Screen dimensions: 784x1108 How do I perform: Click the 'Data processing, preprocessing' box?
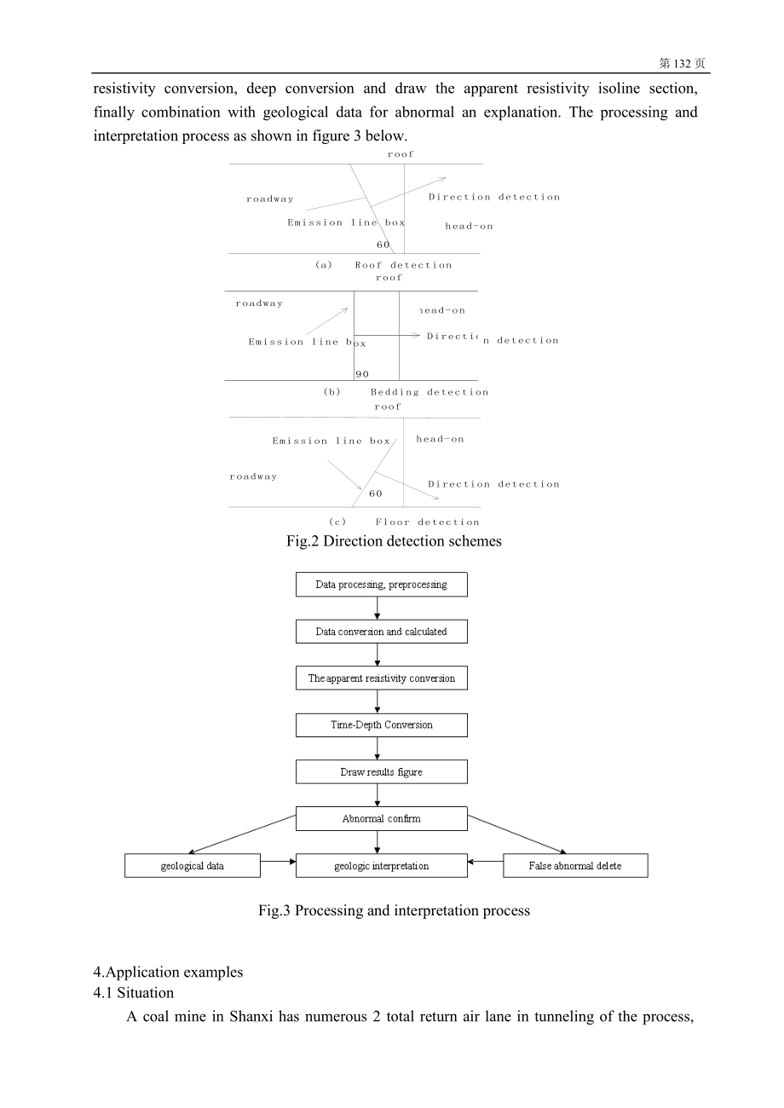tap(382, 584)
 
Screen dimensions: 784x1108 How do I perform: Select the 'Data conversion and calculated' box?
tap(382, 632)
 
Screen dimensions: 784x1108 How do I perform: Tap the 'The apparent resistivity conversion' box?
tap(382, 678)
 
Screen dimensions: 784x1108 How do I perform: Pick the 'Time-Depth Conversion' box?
tap(382, 724)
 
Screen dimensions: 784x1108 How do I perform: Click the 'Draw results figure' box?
tap(382, 771)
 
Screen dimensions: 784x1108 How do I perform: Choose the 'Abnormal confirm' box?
tap(382, 818)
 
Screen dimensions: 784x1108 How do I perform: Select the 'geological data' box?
tap(193, 866)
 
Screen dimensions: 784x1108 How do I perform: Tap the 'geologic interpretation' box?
tap(382, 866)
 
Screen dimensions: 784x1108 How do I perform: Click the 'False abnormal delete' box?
tap(575, 866)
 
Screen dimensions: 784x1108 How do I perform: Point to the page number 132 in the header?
tap(682, 63)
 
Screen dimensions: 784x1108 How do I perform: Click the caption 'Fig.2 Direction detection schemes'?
tap(394, 541)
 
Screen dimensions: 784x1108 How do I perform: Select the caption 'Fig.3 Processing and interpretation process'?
tap(394, 910)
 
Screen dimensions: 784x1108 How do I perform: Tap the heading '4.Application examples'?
tap(168, 972)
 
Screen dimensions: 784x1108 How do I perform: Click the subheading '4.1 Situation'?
tap(134, 993)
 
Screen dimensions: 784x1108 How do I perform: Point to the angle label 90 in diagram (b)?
tap(362, 374)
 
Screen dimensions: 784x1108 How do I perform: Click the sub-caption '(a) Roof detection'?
tap(383, 265)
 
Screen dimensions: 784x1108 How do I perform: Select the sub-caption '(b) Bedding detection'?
tap(406, 392)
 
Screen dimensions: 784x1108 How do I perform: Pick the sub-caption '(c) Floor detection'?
tap(404, 522)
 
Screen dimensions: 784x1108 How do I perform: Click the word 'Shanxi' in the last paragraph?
tap(251, 1017)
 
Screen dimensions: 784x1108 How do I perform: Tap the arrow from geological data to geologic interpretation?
tap(278, 862)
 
